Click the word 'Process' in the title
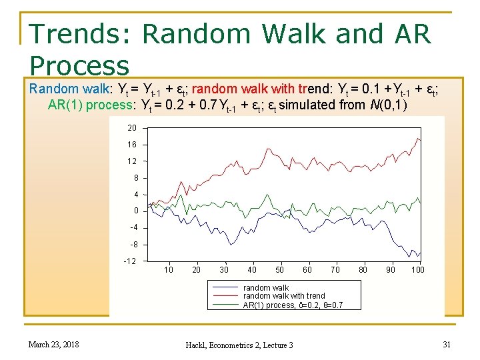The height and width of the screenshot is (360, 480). click(x=79, y=65)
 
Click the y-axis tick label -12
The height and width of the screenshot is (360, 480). click(x=129, y=261)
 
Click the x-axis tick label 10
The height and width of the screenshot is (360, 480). click(x=169, y=270)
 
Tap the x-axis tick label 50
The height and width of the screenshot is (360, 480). click(x=279, y=270)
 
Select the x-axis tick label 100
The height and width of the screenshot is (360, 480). click(x=418, y=270)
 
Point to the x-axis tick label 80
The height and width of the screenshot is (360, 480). click(x=363, y=270)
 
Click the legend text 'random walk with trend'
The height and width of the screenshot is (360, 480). click(x=284, y=296)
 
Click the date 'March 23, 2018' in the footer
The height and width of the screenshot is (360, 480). click(x=53, y=344)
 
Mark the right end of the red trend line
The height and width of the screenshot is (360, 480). click(x=421, y=140)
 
